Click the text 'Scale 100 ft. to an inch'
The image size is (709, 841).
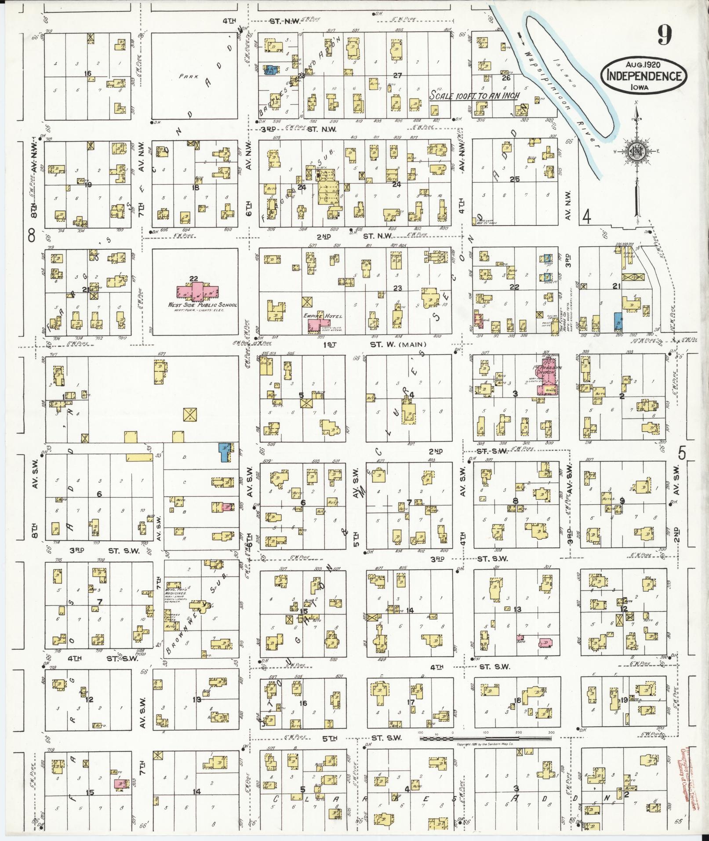pyautogui.click(x=474, y=95)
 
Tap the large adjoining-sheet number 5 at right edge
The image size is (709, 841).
pyautogui.click(x=682, y=452)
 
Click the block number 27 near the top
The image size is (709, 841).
pyautogui.click(x=398, y=76)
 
